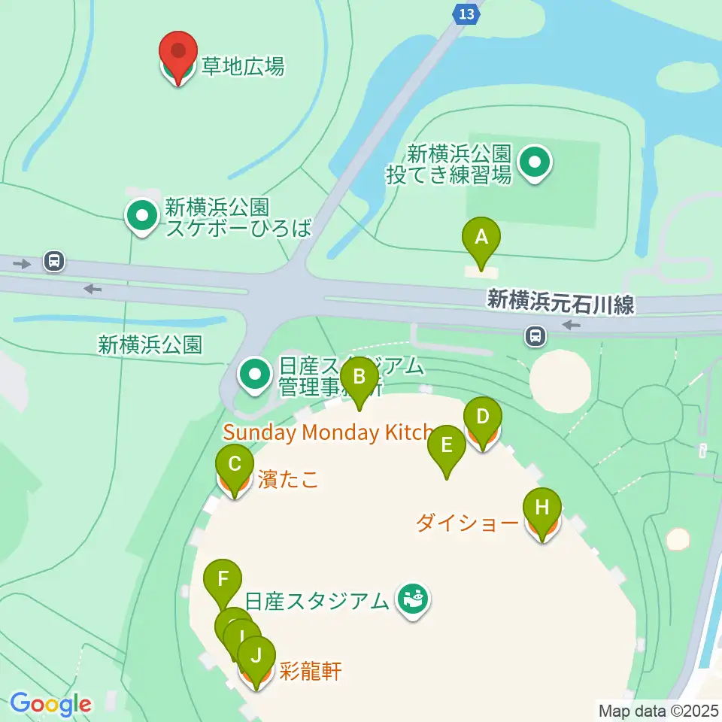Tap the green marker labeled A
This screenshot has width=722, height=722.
coord(481,238)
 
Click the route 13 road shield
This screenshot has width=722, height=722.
coord(466,14)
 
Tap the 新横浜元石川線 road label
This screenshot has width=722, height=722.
coord(560,302)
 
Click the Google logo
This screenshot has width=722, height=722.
coord(51,704)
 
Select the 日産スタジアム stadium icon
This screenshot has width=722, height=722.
coord(413,599)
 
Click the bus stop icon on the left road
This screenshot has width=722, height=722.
coord(54,262)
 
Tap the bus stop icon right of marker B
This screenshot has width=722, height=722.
coord(535,335)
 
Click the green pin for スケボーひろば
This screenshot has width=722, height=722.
coord(141,217)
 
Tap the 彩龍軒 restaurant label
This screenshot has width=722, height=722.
coord(310,671)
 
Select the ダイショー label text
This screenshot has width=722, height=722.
coord(467,523)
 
